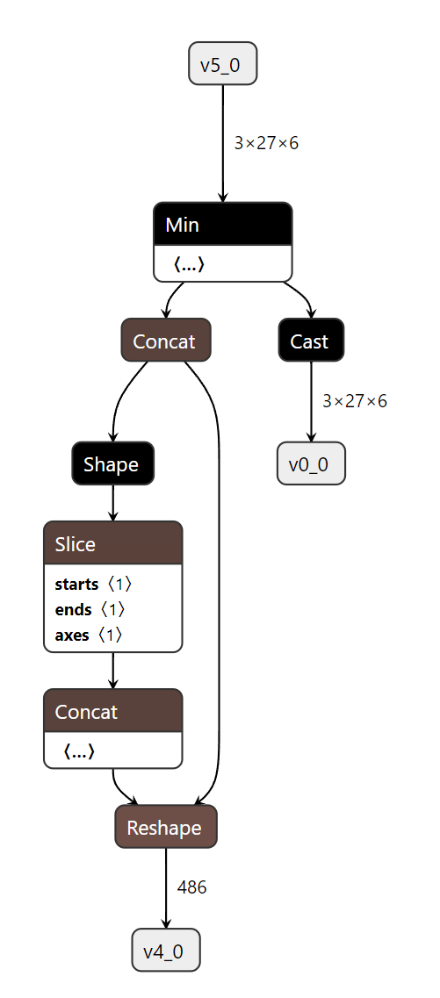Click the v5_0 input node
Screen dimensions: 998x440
(x=223, y=63)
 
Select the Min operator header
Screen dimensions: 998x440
(x=222, y=225)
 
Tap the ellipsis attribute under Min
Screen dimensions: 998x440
(x=189, y=264)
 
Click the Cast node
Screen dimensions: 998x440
(x=311, y=341)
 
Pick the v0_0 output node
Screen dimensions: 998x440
(x=311, y=463)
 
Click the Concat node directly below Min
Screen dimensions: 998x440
(x=165, y=341)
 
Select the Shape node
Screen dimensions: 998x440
(x=112, y=463)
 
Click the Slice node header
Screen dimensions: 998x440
(x=112, y=544)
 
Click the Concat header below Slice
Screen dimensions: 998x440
(x=112, y=711)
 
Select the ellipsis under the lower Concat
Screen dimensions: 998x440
(x=79, y=751)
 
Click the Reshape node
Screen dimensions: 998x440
(x=165, y=828)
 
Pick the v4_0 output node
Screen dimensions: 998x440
(x=166, y=950)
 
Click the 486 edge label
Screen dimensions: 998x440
(x=192, y=887)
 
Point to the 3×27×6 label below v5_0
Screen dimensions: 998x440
(x=266, y=143)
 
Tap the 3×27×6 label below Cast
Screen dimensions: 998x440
(x=355, y=401)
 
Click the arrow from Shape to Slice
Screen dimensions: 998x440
(x=112, y=503)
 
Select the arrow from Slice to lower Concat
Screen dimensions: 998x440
(x=112, y=671)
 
